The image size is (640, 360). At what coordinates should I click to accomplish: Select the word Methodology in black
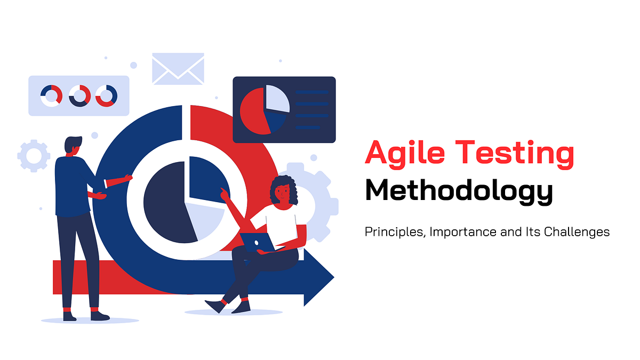[x=459, y=191]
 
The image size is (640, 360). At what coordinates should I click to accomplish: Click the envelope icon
[x=178, y=68]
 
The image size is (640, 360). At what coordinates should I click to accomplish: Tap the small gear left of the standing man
[x=33, y=155]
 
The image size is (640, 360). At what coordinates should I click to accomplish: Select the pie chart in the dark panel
[x=265, y=109]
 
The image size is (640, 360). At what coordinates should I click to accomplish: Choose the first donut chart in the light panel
[x=51, y=95]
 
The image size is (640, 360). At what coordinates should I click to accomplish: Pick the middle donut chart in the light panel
[x=79, y=95]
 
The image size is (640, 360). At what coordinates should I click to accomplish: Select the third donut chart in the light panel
[x=106, y=95]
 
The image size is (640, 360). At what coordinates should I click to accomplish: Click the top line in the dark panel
[x=312, y=92]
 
